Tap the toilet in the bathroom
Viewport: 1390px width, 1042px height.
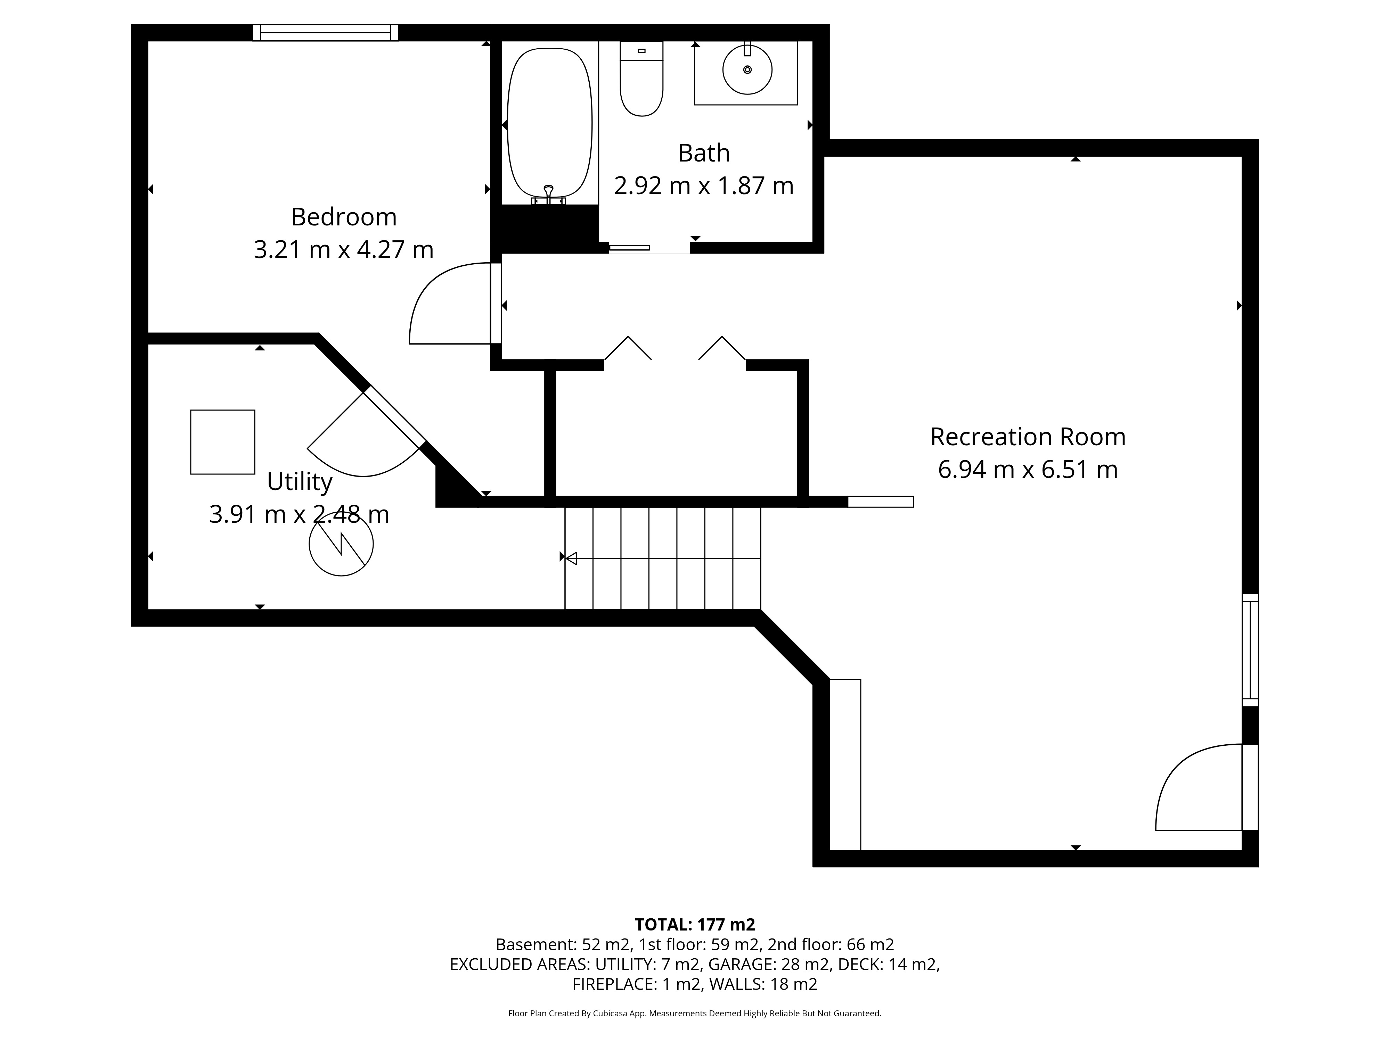[641, 78]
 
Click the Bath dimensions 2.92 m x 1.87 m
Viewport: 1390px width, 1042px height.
[704, 186]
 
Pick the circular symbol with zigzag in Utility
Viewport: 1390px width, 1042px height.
[341, 544]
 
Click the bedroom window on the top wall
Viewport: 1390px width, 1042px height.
[326, 33]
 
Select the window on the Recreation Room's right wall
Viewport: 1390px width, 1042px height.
[1251, 650]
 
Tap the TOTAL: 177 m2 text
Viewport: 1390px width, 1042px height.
[695, 925]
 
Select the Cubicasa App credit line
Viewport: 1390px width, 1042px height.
[695, 1013]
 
